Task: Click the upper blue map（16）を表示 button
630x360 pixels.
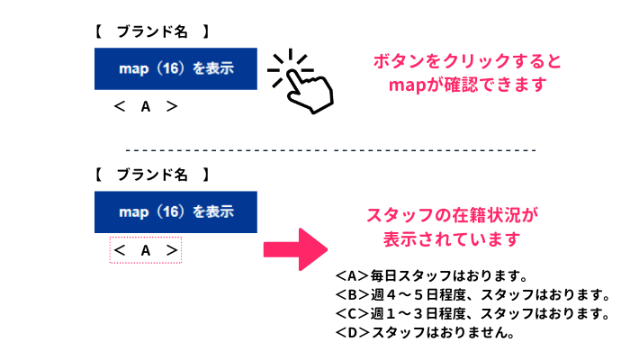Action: coord(175,68)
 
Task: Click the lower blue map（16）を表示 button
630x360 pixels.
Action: coord(175,212)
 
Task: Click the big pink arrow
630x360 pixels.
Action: coord(295,249)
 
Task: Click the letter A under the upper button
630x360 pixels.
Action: coord(146,107)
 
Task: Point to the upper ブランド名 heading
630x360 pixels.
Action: coord(152,31)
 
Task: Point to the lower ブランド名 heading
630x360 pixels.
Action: coord(152,175)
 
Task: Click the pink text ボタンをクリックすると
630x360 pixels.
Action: coord(467,61)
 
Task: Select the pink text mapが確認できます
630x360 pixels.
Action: coord(468,85)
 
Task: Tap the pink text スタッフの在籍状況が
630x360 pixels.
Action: coord(452,215)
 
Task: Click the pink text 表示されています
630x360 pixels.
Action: coord(452,239)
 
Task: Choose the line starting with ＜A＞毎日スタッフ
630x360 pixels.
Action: coord(431,276)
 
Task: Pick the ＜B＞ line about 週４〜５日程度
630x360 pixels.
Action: coord(472,295)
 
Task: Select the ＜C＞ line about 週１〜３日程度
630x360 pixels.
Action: coord(472,313)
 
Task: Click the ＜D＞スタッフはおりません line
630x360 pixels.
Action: coord(425,332)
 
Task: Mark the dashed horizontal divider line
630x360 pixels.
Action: coord(330,150)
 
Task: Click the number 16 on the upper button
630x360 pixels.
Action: coord(171,68)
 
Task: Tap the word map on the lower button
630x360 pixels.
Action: coord(134,212)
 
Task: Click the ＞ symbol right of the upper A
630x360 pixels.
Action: coord(172,106)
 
